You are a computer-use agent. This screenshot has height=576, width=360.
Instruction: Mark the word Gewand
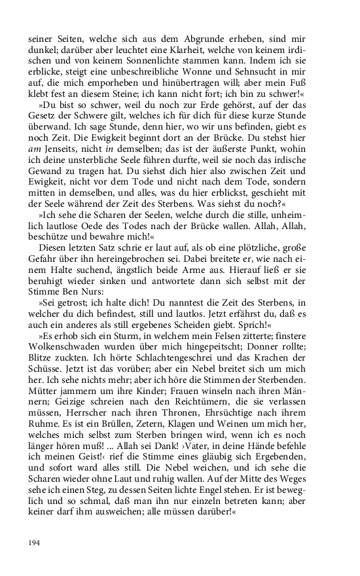coord(47,194)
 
